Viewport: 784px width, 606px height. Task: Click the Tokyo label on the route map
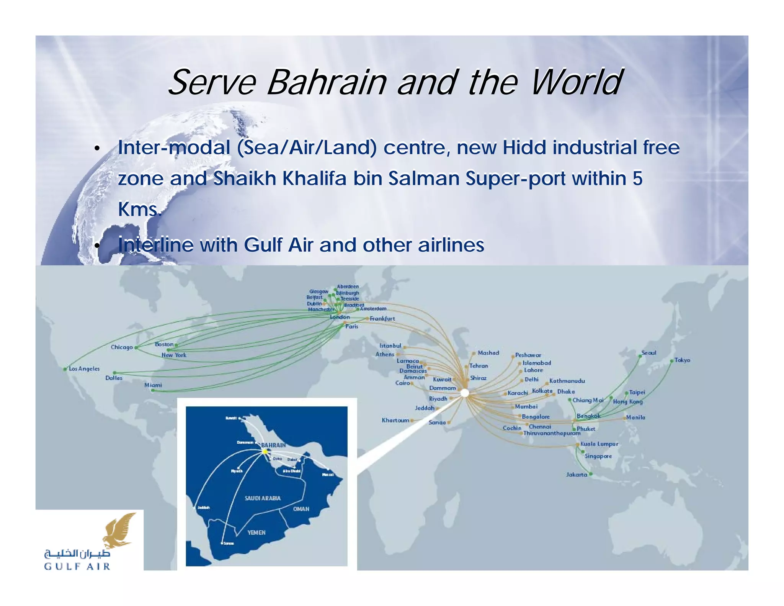click(682, 360)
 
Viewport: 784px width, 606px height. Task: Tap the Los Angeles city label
click(84, 369)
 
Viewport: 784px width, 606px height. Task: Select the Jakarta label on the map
click(577, 475)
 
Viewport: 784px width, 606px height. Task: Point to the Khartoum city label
click(395, 420)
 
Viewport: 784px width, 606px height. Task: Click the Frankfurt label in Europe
click(382, 318)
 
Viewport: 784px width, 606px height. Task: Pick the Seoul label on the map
click(648, 353)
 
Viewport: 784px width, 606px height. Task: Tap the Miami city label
click(153, 385)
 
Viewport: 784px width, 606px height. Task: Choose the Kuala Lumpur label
click(599, 444)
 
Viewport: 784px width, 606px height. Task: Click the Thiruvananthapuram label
click(552, 433)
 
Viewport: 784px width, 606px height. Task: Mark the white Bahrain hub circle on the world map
click(464, 393)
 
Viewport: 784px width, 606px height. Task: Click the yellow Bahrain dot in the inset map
click(265, 452)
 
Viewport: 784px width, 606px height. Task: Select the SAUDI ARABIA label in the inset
click(263, 498)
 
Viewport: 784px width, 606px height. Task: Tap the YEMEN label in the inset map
click(256, 532)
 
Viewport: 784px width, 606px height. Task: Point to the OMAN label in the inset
click(301, 509)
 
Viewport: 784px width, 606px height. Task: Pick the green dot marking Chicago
click(136, 348)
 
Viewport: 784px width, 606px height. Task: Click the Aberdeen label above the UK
click(348, 287)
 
